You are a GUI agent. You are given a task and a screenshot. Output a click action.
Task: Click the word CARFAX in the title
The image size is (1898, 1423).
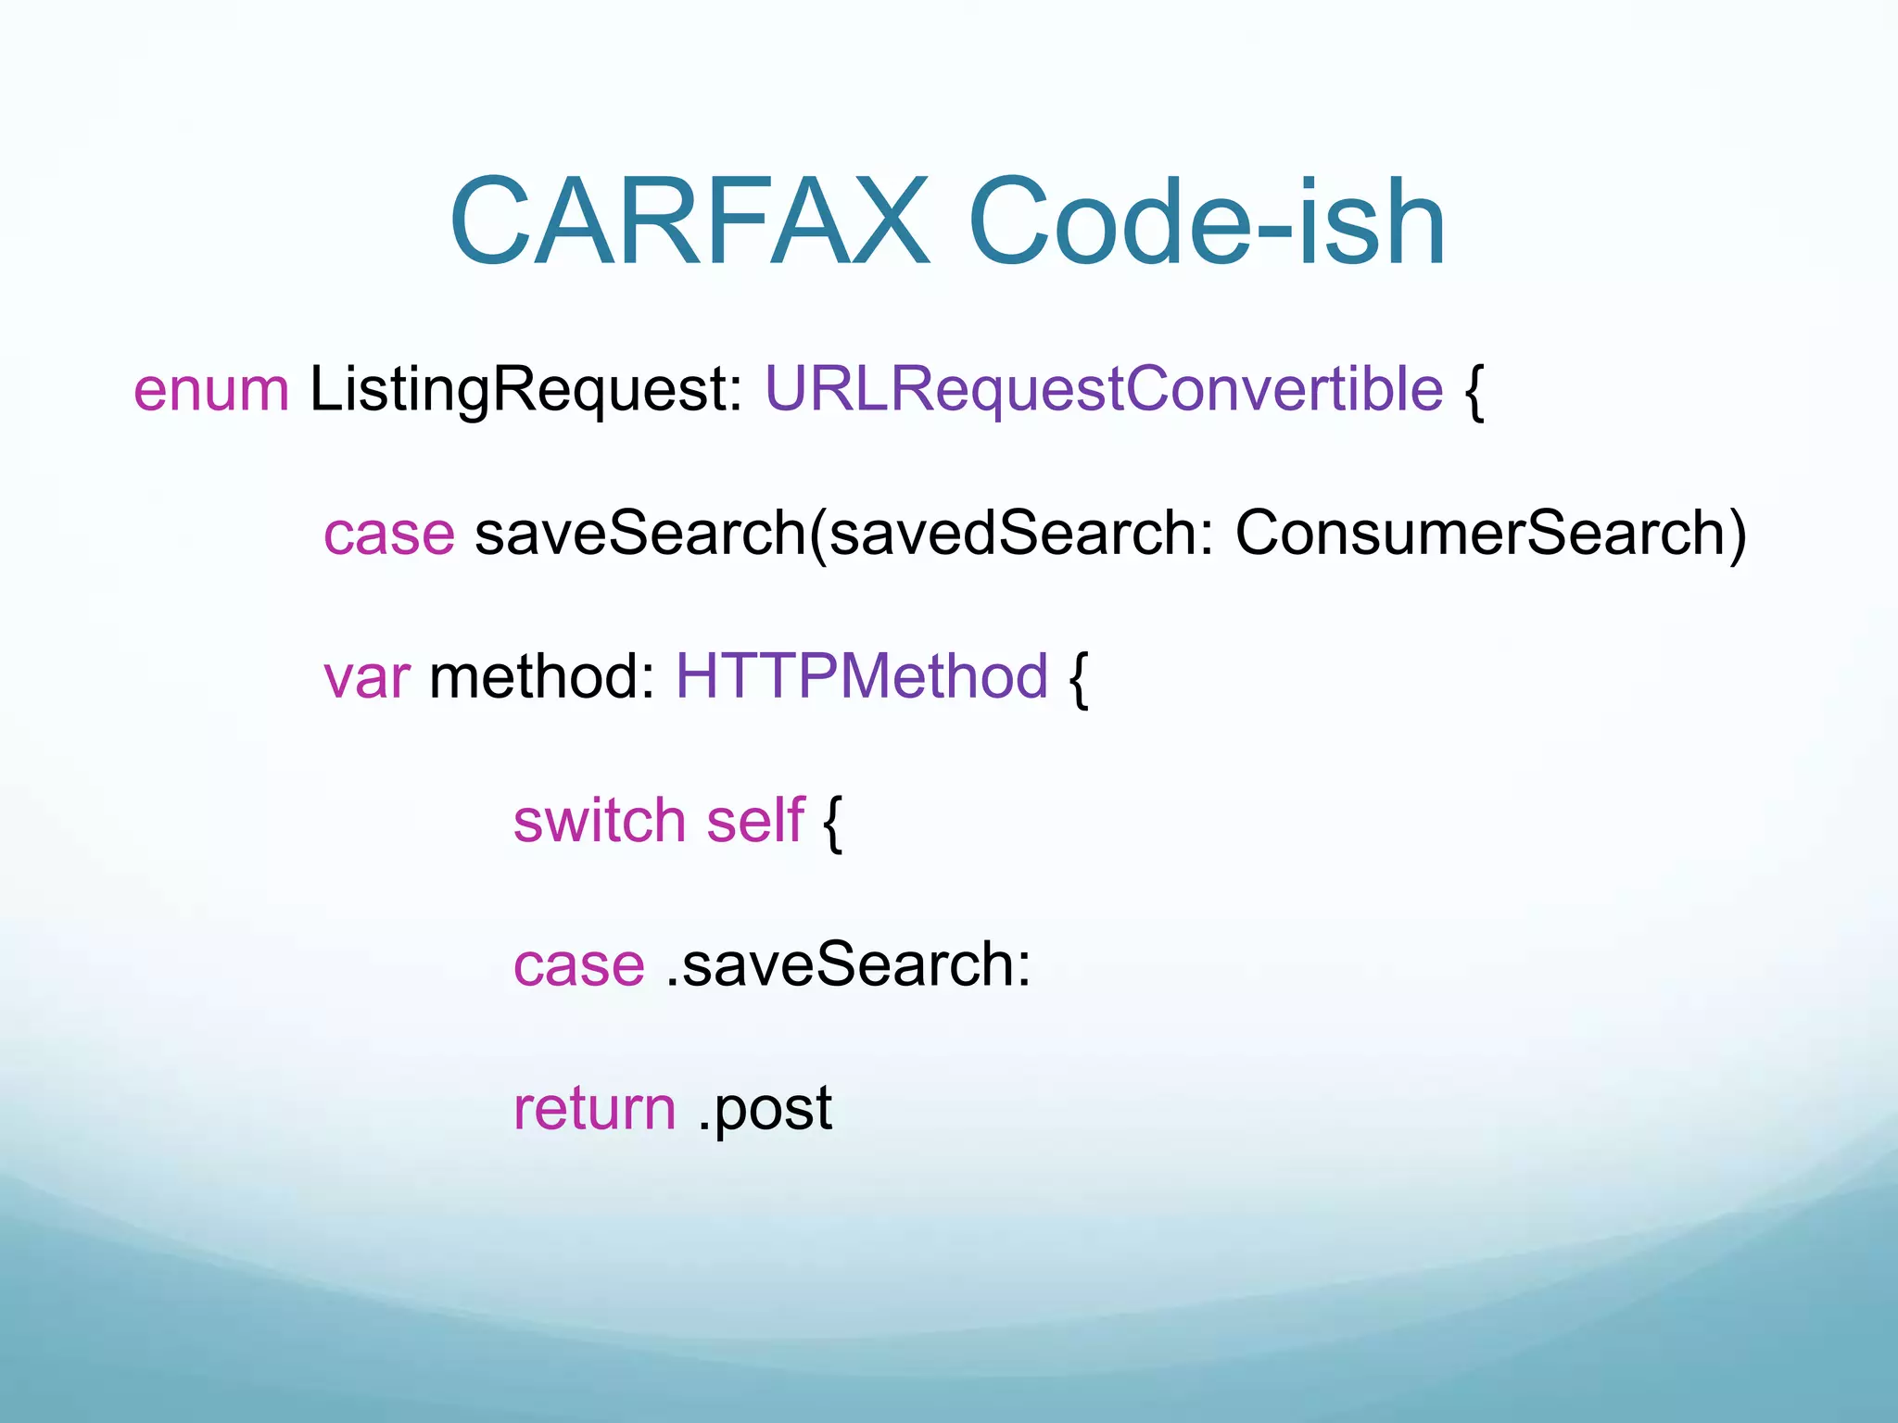689,222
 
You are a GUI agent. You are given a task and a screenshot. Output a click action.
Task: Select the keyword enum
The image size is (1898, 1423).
211,390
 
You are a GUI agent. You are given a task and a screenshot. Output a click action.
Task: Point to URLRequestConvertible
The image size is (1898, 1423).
1103,390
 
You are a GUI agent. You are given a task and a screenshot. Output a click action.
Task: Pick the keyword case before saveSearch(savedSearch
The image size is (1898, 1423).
389,535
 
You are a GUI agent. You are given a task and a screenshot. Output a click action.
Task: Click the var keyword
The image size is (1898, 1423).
366,677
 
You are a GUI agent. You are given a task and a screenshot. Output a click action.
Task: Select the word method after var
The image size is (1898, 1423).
542,677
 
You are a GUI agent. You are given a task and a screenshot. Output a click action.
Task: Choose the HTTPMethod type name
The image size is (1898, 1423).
862,677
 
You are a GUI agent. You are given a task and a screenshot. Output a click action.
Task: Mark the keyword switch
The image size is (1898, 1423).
600,821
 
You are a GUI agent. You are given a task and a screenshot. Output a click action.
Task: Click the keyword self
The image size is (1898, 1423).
755,821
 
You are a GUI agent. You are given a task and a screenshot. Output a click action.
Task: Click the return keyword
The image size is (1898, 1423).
594,1109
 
